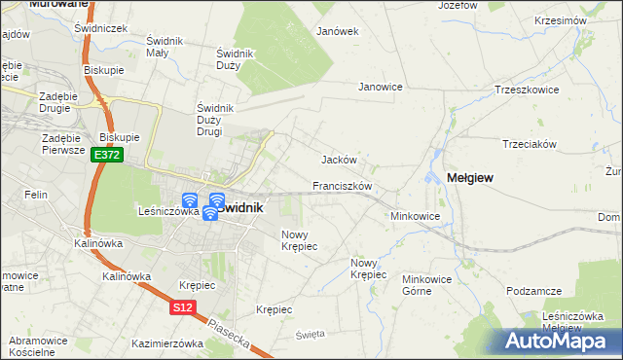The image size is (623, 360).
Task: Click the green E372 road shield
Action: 107,156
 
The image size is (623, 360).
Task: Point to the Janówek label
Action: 338,31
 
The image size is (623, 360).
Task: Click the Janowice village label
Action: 381,87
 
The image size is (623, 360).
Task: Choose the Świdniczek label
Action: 101,28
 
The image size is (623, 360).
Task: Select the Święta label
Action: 310,334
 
